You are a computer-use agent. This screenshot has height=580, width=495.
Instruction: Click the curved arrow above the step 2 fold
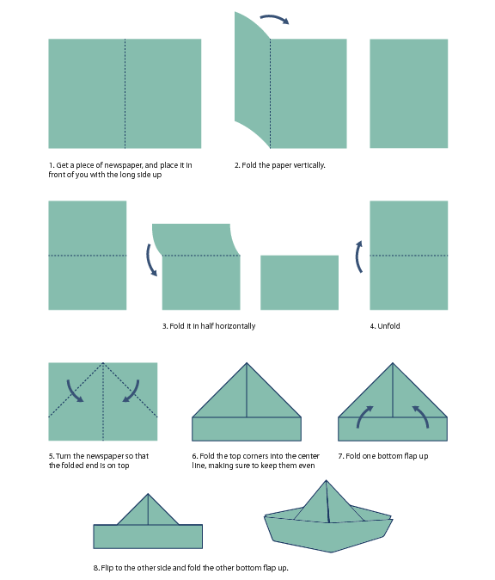[x=274, y=18]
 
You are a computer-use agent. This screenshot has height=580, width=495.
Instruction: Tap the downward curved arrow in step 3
[x=151, y=259]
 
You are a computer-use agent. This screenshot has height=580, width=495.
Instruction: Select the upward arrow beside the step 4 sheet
[x=359, y=256]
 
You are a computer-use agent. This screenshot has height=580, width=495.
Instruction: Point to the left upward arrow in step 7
[x=364, y=416]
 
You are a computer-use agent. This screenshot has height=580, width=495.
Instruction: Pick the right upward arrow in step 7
[x=420, y=416]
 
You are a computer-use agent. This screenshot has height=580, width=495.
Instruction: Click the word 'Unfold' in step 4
[x=388, y=326]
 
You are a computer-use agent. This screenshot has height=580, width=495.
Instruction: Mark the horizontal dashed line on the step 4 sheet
[x=408, y=256]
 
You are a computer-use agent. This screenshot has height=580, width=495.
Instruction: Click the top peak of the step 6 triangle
[x=247, y=364]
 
